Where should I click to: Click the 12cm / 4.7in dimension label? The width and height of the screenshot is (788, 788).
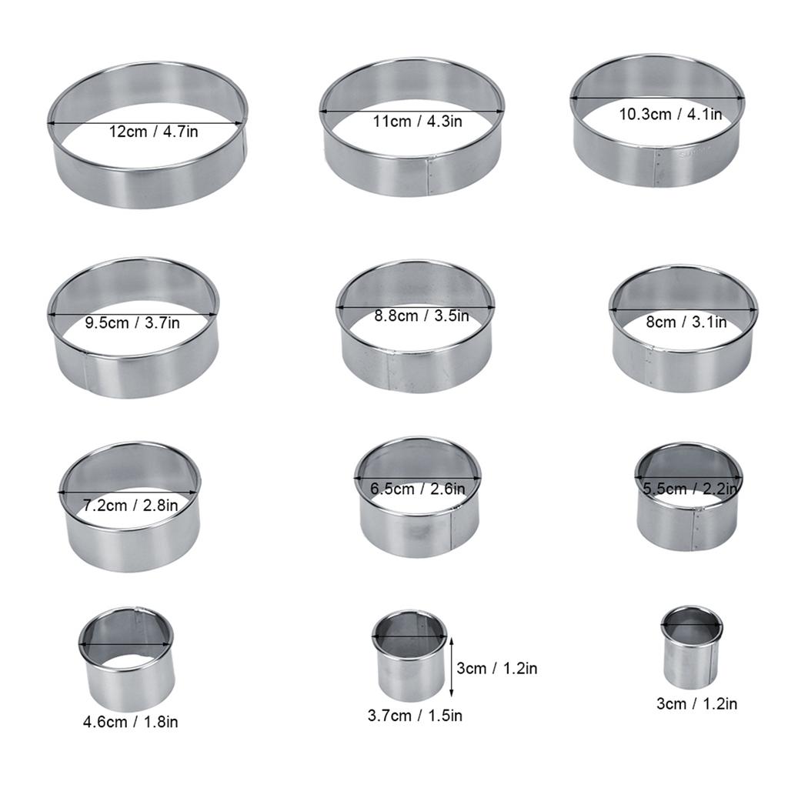click(153, 132)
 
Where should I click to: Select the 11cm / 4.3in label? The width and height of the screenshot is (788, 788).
click(417, 121)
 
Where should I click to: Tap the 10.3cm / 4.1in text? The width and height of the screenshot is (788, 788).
click(670, 114)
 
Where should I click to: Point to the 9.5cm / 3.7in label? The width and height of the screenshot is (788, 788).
click(131, 322)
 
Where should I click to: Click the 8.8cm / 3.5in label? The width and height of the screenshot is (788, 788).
click(421, 316)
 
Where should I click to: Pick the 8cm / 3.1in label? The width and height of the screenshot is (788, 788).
click(686, 322)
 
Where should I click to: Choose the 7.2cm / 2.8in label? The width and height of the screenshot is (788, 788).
click(130, 506)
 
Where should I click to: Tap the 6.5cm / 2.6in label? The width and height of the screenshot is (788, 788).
click(418, 489)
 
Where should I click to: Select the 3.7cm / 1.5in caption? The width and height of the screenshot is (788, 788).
click(415, 716)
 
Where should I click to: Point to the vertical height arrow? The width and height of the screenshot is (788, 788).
click(452, 666)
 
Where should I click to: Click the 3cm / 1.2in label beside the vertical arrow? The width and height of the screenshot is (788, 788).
click(496, 668)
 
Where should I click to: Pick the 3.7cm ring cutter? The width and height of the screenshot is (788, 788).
click(409, 656)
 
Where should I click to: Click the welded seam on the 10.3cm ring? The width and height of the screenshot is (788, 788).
click(658, 168)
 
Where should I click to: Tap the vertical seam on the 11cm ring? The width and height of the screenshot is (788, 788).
click(429, 176)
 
